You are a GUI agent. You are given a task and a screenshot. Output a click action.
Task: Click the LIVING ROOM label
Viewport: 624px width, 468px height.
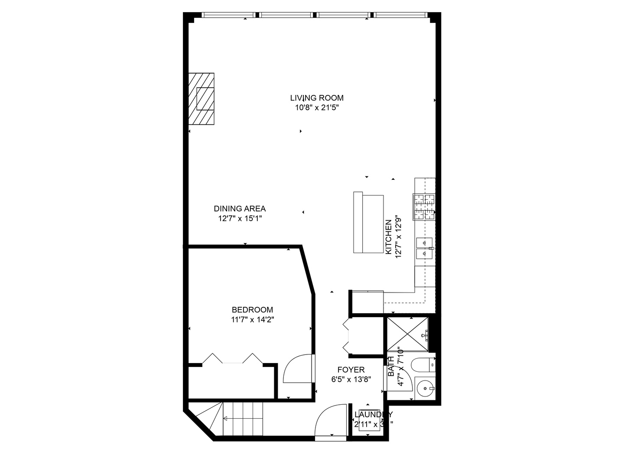(x=317, y=98)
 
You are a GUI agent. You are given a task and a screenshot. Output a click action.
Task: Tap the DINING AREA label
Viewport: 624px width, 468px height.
(x=240, y=209)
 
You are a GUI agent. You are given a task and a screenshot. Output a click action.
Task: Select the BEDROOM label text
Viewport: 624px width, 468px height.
(x=252, y=310)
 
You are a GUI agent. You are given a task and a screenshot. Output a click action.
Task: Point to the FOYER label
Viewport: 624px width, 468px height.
(x=351, y=370)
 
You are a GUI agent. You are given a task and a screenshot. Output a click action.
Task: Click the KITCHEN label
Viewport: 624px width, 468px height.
(x=389, y=237)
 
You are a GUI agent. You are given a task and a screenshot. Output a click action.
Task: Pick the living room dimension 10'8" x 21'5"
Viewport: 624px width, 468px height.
(x=317, y=108)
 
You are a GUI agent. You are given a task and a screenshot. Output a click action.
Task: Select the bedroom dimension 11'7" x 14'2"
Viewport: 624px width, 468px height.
(x=252, y=320)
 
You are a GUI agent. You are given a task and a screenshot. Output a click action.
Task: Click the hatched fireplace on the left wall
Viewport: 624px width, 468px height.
(x=201, y=99)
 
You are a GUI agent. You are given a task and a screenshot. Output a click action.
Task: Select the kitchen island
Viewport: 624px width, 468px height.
(x=368, y=223)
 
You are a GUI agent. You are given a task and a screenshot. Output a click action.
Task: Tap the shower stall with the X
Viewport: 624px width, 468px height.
(x=407, y=333)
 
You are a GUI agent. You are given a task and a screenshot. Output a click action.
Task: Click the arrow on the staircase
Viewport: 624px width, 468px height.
(x=226, y=419)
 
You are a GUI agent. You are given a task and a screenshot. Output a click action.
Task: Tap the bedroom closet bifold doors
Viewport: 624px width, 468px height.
(x=233, y=359)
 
